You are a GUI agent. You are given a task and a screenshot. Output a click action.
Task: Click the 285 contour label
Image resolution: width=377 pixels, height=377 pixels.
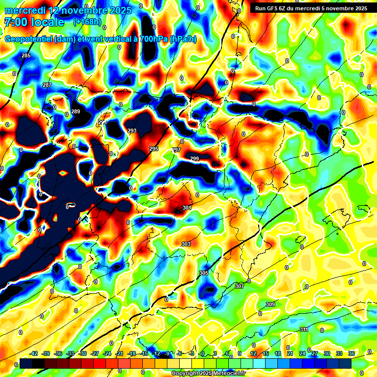click(x=26, y=55)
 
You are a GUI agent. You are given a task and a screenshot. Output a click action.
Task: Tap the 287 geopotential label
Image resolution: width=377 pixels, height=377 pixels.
click(x=47, y=85)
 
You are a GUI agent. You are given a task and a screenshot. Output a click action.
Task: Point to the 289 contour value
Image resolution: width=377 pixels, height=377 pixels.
click(x=76, y=112)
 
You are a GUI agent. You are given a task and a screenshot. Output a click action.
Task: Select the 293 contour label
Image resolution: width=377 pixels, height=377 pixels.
click(x=132, y=131)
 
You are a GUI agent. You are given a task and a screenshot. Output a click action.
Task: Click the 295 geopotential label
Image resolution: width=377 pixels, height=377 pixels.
click(x=154, y=149)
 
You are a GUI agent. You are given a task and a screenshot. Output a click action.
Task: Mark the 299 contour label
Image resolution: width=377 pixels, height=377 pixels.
click(x=194, y=159)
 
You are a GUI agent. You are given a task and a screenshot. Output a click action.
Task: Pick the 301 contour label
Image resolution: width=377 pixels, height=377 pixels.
click(x=187, y=208)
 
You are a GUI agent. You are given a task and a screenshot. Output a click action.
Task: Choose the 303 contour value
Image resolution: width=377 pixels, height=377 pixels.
click(x=186, y=244)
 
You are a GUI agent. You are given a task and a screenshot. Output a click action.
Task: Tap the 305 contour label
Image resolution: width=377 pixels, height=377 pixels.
click(x=204, y=273)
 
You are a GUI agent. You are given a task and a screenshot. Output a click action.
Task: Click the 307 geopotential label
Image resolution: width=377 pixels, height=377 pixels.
click(x=240, y=286)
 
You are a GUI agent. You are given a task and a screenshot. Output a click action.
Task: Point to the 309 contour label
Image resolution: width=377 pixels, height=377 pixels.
click(x=270, y=305)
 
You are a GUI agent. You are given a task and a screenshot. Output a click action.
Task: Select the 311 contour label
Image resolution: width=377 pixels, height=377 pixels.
click(x=304, y=329)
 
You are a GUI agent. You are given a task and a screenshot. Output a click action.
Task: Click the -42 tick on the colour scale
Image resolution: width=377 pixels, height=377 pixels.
click(x=34, y=353)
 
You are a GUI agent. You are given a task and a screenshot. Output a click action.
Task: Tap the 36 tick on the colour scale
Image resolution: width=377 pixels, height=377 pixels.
click(x=351, y=353)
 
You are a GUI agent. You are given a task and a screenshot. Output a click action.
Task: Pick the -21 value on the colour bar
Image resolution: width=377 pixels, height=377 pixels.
click(x=119, y=353)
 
